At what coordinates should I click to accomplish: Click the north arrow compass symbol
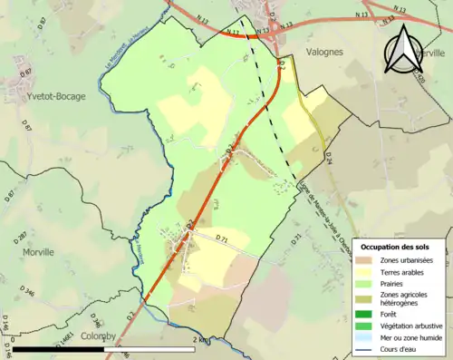pos(405,50)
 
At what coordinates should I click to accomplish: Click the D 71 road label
pos(221,238)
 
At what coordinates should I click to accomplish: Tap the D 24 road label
pos(328,160)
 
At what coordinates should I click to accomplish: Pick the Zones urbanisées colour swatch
pos(368,261)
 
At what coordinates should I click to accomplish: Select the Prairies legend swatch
pos(368,284)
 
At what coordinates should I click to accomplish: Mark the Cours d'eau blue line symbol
pos(368,348)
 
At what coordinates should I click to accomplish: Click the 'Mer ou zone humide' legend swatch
pos(368,337)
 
